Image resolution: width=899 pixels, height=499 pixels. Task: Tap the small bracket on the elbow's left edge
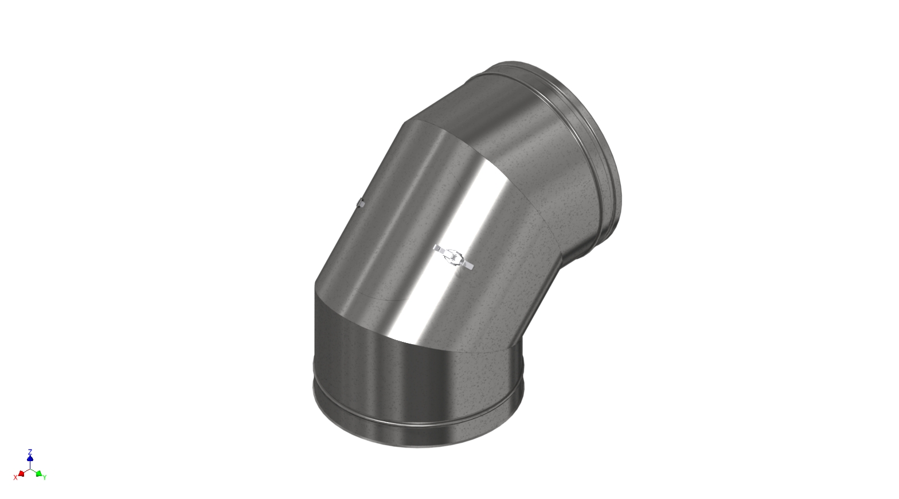tap(361, 202)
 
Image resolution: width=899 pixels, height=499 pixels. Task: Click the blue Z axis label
tap(30, 451)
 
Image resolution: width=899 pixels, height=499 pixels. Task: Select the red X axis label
tap(15, 477)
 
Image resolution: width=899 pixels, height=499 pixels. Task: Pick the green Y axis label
tap(45, 477)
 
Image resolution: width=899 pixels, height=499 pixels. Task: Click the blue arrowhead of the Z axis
tap(30, 458)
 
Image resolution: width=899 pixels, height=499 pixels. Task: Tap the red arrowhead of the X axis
tap(21, 474)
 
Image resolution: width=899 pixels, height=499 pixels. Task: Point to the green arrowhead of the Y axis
tap(38, 474)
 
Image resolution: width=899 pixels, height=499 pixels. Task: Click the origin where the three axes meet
tap(30, 469)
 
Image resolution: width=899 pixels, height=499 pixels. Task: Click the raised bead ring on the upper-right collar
tap(596, 143)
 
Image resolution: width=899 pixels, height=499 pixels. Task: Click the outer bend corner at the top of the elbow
tap(405, 122)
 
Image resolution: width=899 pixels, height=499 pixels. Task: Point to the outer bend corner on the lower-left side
tap(315, 285)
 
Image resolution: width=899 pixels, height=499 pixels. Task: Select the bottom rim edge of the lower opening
tap(419, 446)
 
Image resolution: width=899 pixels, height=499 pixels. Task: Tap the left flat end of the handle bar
tap(437, 248)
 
